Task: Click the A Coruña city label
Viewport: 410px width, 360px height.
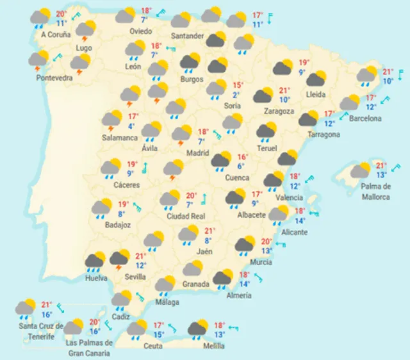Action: pyautogui.click(x=55, y=35)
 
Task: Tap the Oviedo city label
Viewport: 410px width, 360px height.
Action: pyautogui.click(x=140, y=31)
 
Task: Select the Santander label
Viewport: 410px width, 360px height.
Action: pyautogui.click(x=188, y=35)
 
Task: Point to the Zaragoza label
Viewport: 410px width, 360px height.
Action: pyautogui.click(x=279, y=111)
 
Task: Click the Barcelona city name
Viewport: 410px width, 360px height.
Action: pyautogui.click(x=365, y=119)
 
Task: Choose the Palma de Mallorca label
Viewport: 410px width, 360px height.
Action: pyautogui.click(x=375, y=192)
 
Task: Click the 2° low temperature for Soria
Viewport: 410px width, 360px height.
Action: pyautogui.click(x=236, y=95)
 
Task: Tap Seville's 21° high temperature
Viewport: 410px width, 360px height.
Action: pyautogui.click(x=140, y=256)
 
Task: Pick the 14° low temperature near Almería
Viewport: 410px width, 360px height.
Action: pyautogui.click(x=245, y=284)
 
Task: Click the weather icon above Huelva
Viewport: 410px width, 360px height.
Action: pyautogui.click(x=95, y=261)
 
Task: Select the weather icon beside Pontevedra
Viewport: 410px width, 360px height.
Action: pyautogui.click(x=38, y=60)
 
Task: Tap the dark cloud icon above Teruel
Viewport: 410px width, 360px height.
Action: pyautogui.click(x=266, y=131)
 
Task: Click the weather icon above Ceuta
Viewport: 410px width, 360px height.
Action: pyautogui.click(x=136, y=329)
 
